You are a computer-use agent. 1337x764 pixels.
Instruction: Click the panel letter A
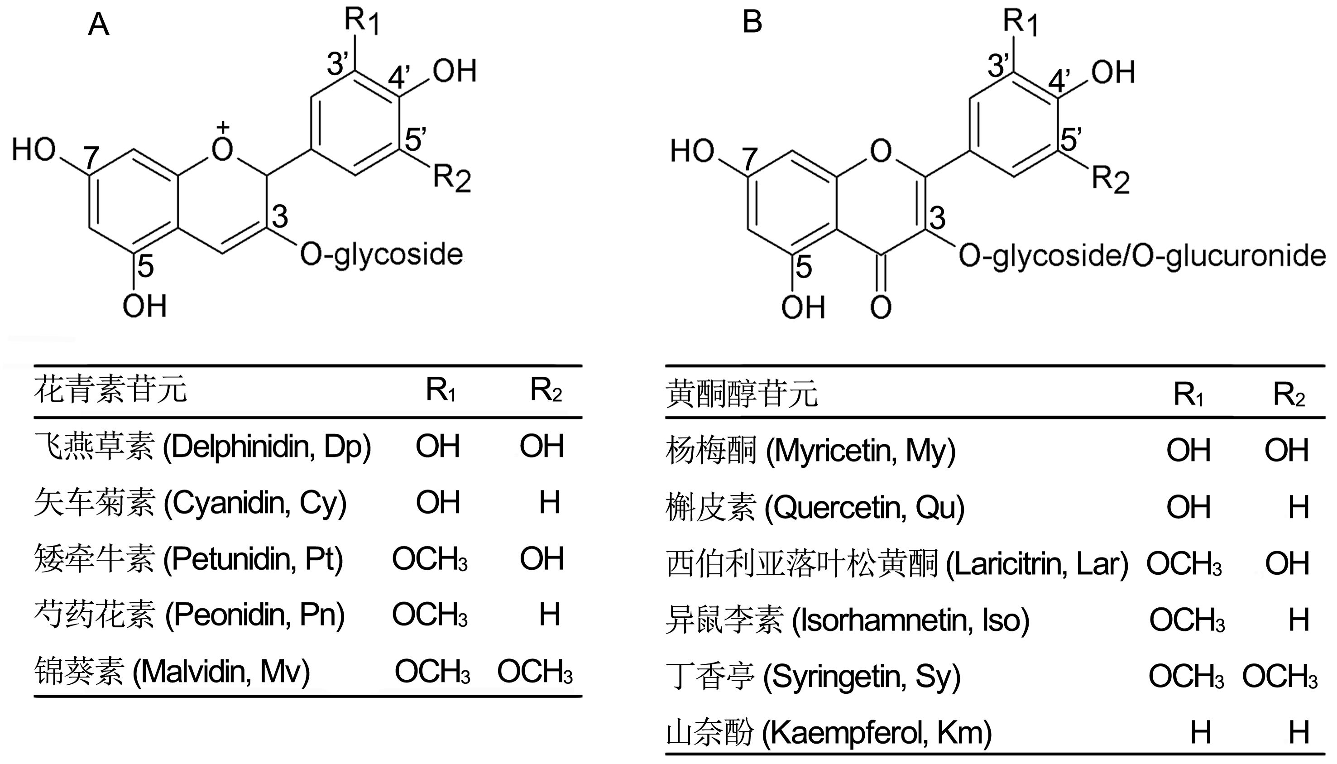[x=99, y=24]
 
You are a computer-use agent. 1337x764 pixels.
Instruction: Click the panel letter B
[x=752, y=23]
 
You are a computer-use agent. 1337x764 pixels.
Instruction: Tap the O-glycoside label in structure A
[x=381, y=255]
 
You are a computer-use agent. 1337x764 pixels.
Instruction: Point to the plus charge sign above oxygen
[x=224, y=127]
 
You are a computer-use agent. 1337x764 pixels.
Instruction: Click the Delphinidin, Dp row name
[x=202, y=447]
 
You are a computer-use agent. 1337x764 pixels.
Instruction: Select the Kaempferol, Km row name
[x=829, y=732]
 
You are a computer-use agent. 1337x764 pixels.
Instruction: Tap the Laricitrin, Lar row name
[x=897, y=563]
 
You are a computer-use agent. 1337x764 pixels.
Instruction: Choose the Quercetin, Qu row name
[x=815, y=507]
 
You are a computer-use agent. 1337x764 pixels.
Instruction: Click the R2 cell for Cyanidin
[x=550, y=502]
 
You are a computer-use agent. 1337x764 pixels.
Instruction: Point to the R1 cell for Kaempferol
[x=1201, y=732]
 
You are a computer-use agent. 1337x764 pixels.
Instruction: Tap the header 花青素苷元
[x=110, y=390]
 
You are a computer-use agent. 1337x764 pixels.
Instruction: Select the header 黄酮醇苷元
[x=742, y=394]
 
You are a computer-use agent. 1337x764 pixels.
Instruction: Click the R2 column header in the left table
[x=546, y=390]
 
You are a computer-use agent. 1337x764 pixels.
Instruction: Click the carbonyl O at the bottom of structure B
[x=881, y=308]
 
